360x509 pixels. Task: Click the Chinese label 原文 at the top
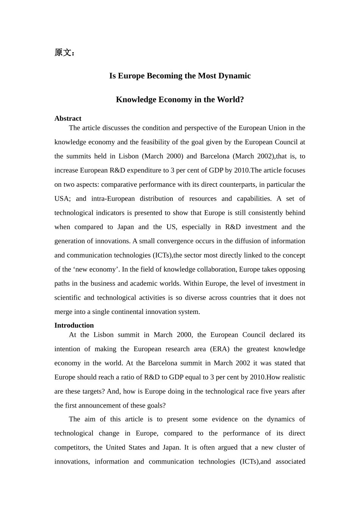pos(63,53)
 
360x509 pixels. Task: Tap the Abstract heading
pos(68,119)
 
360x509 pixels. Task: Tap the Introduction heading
pos(74,325)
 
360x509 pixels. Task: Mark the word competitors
pos(72,447)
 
